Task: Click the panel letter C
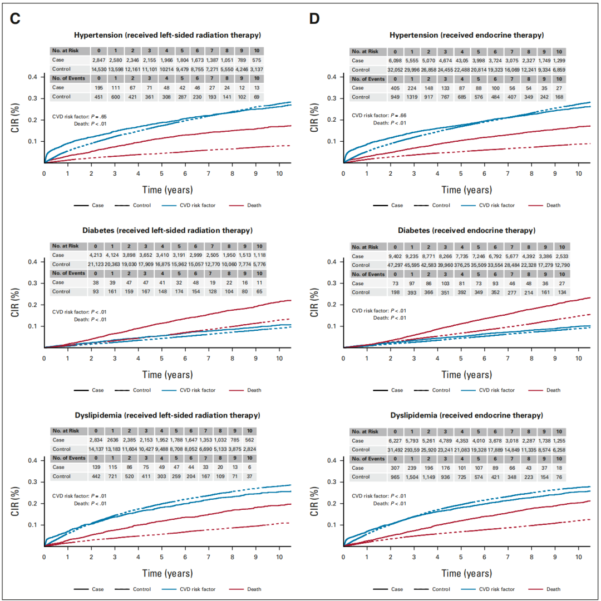[x=16, y=18]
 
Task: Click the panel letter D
[x=315, y=18]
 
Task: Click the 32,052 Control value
[x=395, y=69]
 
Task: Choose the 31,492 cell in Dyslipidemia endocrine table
[x=395, y=450]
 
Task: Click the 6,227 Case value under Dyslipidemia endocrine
[x=395, y=440]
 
